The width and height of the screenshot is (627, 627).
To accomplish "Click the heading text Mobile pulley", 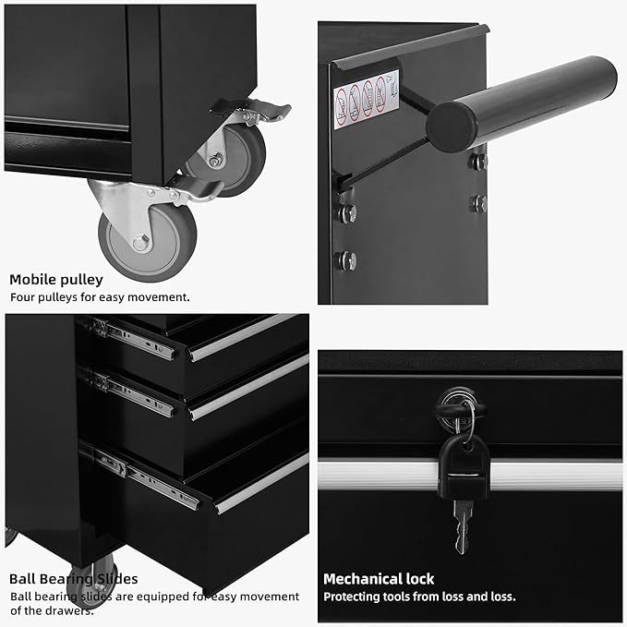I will click(56, 279).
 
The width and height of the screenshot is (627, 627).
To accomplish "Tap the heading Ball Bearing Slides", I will click(74, 579).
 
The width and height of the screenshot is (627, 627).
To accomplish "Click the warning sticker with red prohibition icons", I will click(366, 98).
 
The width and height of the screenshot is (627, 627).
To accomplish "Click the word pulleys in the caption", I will click(58, 297).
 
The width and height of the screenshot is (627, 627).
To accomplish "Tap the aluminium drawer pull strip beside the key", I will click(554, 476).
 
